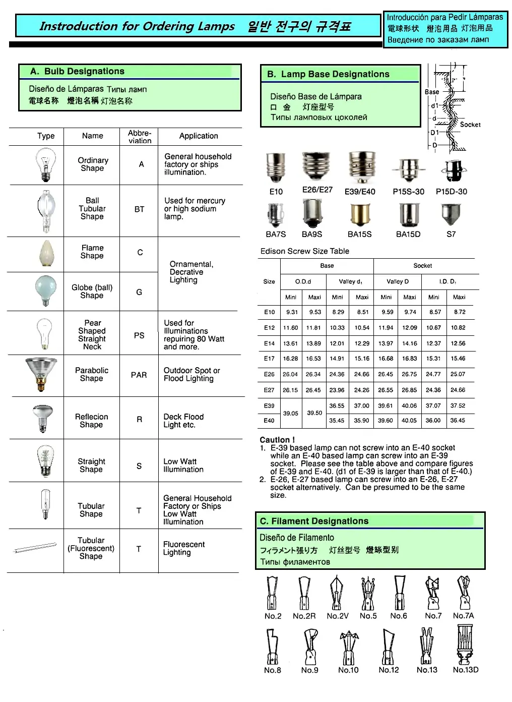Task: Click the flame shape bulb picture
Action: (x=46, y=253)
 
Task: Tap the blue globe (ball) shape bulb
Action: (x=46, y=291)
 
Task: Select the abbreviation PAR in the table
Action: (x=139, y=375)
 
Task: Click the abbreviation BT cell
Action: (x=139, y=209)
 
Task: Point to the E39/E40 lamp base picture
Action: (x=361, y=167)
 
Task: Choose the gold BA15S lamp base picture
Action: (x=360, y=214)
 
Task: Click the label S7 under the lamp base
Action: (x=451, y=234)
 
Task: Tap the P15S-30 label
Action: (x=408, y=192)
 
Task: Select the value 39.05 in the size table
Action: (x=290, y=413)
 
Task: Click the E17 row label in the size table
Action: (x=270, y=359)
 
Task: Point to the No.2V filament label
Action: (x=337, y=616)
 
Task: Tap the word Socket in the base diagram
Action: (x=470, y=125)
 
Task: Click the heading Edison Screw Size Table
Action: (x=304, y=251)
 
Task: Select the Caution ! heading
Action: (x=277, y=440)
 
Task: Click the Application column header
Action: (x=199, y=136)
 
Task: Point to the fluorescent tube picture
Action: (x=35, y=548)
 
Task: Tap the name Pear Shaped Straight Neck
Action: (x=92, y=335)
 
